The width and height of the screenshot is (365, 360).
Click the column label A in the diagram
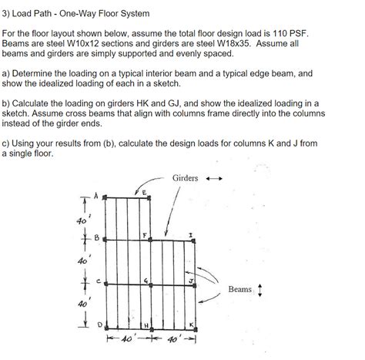pos(96,196)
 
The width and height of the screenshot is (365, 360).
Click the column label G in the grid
pos(145,280)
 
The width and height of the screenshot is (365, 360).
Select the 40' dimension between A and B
pos(79,221)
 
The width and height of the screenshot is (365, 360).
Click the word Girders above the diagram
pos(185,178)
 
